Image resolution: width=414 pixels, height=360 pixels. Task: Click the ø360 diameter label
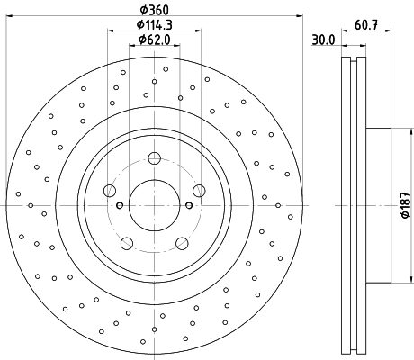point(154,10)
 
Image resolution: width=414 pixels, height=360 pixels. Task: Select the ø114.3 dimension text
point(154,25)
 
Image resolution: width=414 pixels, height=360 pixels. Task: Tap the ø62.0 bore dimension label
point(154,40)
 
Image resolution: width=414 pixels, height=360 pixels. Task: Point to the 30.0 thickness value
point(324,40)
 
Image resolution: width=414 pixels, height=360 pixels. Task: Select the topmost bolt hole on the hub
point(154,159)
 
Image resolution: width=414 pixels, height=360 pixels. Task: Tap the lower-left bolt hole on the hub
point(126,242)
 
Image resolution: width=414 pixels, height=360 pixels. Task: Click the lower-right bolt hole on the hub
point(182,242)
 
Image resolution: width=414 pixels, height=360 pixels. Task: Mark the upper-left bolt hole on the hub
point(110,190)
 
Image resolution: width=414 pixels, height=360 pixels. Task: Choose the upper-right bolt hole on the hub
point(199,190)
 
